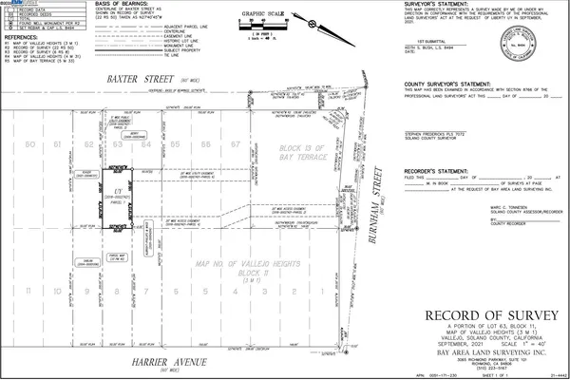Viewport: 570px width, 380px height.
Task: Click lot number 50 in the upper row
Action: (30, 144)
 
